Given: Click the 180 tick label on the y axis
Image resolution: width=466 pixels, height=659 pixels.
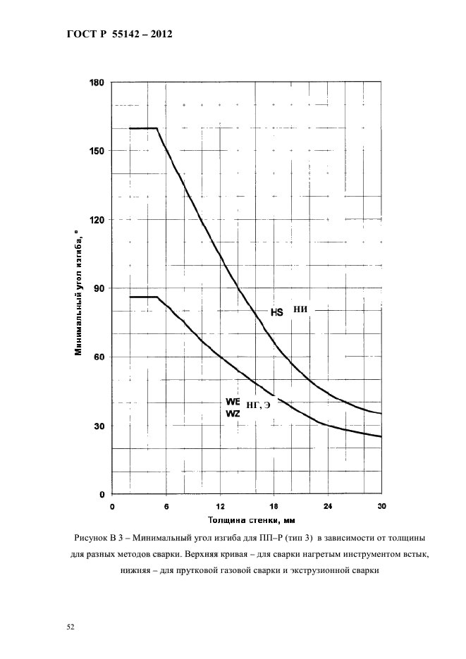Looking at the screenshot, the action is (x=96, y=82).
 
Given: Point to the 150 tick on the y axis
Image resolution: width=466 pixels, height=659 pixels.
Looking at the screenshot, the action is (x=96, y=150).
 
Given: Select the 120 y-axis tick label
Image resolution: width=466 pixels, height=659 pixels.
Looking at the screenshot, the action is (x=96, y=219).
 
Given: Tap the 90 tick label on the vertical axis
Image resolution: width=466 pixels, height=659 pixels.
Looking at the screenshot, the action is (x=99, y=288).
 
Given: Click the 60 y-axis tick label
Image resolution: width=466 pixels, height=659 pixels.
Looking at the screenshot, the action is (x=99, y=357).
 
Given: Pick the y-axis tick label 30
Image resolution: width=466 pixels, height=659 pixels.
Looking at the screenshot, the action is (x=99, y=426).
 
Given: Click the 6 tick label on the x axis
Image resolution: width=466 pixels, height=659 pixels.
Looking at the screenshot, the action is (x=166, y=507).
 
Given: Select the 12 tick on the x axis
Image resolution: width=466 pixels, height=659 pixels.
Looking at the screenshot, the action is (x=220, y=506).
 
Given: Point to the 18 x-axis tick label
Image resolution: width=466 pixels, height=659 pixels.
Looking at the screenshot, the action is (x=274, y=506).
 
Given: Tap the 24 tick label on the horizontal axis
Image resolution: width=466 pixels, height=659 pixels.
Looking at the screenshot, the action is (x=328, y=506).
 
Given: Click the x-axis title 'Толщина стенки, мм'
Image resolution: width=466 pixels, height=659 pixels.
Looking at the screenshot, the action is (x=251, y=520).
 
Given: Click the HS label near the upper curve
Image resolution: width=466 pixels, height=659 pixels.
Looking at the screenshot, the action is (x=277, y=312).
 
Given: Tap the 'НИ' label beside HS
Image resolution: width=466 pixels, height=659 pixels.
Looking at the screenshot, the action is (x=300, y=309).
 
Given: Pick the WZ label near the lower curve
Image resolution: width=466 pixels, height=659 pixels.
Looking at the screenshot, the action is (x=233, y=413).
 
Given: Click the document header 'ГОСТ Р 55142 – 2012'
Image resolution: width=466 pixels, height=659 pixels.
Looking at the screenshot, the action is (x=120, y=35).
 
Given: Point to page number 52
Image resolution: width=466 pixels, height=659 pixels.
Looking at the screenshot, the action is (x=70, y=627).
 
